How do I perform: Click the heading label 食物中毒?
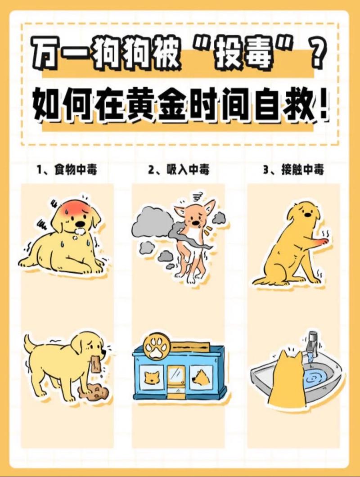[x=75, y=170]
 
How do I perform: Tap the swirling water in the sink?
[x=317, y=378]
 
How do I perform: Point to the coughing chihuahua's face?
[x=194, y=218]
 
